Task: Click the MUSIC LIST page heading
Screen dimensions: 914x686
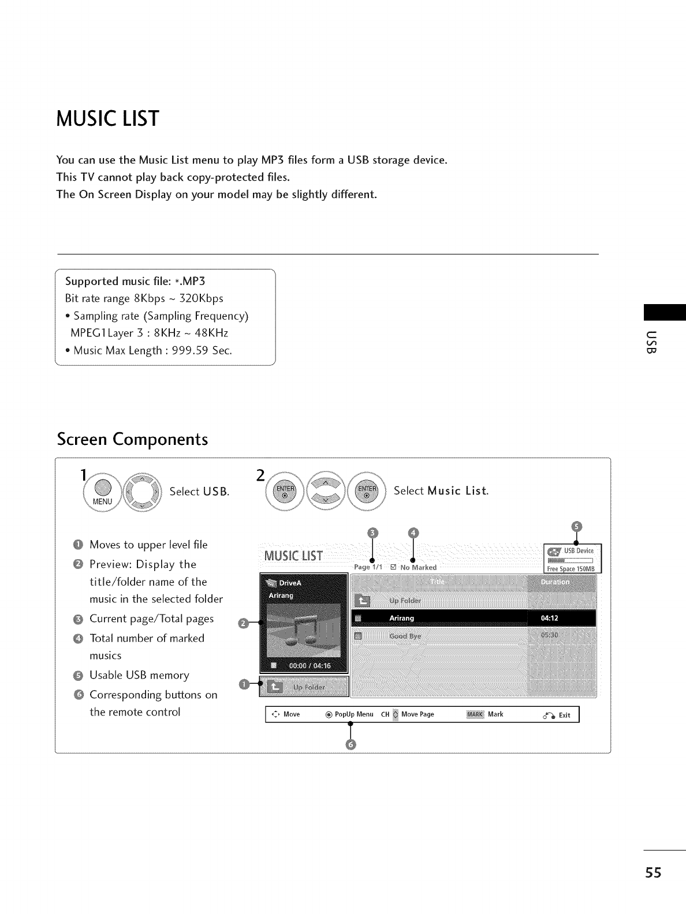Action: click(107, 118)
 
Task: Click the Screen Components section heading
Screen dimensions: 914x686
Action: click(132, 439)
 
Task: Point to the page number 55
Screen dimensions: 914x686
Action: click(654, 872)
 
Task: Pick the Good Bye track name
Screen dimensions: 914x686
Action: click(405, 636)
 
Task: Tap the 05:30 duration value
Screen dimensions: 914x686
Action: click(550, 635)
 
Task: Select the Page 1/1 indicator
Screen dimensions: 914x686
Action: click(368, 567)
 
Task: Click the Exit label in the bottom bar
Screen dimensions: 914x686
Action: click(564, 716)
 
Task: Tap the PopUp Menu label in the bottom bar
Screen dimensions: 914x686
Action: click(354, 714)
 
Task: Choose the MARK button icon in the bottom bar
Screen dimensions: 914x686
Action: click(475, 714)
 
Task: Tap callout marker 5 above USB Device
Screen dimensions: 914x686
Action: click(576, 526)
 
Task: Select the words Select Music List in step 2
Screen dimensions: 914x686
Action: click(441, 491)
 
